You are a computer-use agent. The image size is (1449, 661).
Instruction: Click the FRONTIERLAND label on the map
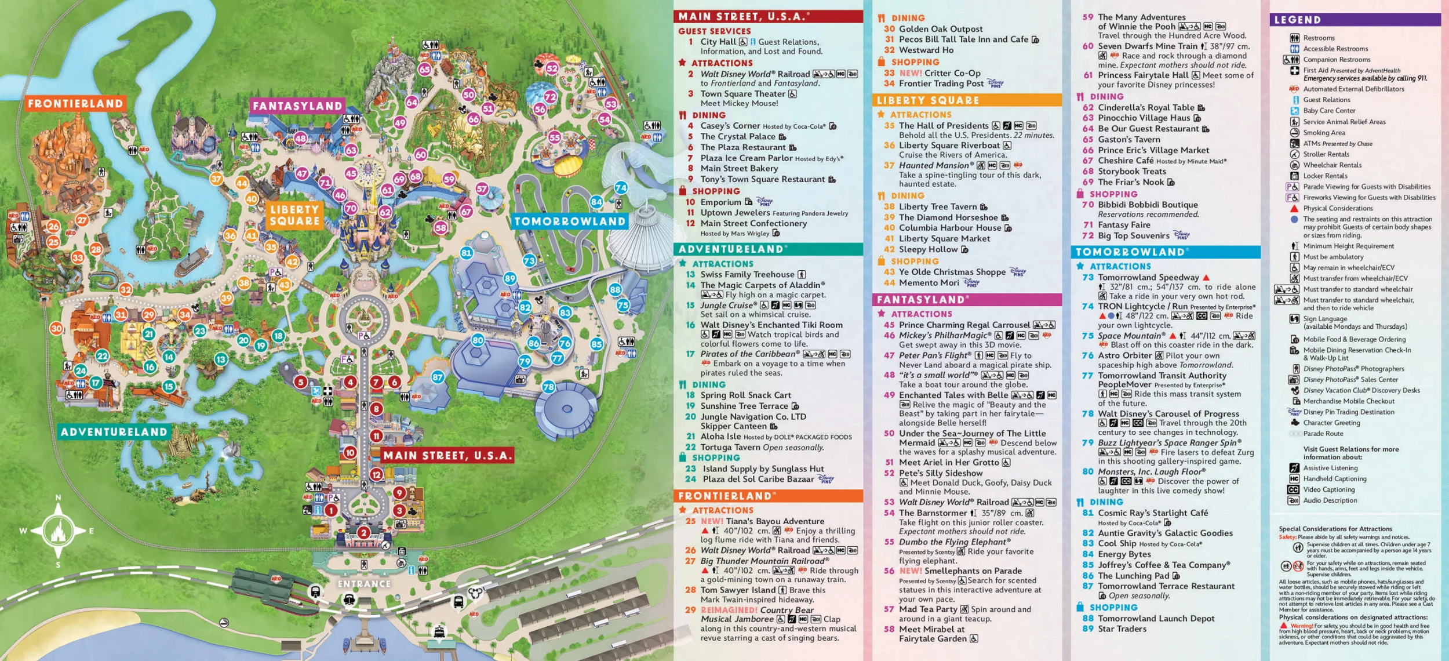[x=75, y=104]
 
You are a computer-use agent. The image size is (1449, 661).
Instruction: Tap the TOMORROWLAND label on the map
[x=570, y=221]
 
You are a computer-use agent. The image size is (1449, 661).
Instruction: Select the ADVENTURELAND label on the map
[x=114, y=432]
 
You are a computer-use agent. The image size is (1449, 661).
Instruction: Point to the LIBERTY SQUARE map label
[x=294, y=215]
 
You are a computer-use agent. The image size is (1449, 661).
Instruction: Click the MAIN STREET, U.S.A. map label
[x=447, y=456]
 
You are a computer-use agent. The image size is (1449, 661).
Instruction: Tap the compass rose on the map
[x=58, y=531]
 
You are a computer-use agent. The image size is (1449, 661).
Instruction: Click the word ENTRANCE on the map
[x=364, y=584]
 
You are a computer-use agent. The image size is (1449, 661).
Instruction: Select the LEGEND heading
[x=1297, y=20]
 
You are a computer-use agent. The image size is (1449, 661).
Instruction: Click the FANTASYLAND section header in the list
[x=920, y=300]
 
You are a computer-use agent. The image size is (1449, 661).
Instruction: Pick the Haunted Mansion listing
[x=936, y=165]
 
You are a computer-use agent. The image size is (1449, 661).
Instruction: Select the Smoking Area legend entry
[x=1324, y=133]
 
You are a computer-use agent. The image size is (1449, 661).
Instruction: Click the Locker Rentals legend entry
[x=1325, y=176]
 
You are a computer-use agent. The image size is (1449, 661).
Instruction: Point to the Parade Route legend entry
[x=1323, y=434]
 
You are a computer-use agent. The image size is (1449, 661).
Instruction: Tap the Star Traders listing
[x=1122, y=629]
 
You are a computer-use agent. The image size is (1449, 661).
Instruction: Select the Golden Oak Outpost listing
[x=940, y=29]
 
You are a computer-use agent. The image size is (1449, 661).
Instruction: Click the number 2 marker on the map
[x=363, y=532]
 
